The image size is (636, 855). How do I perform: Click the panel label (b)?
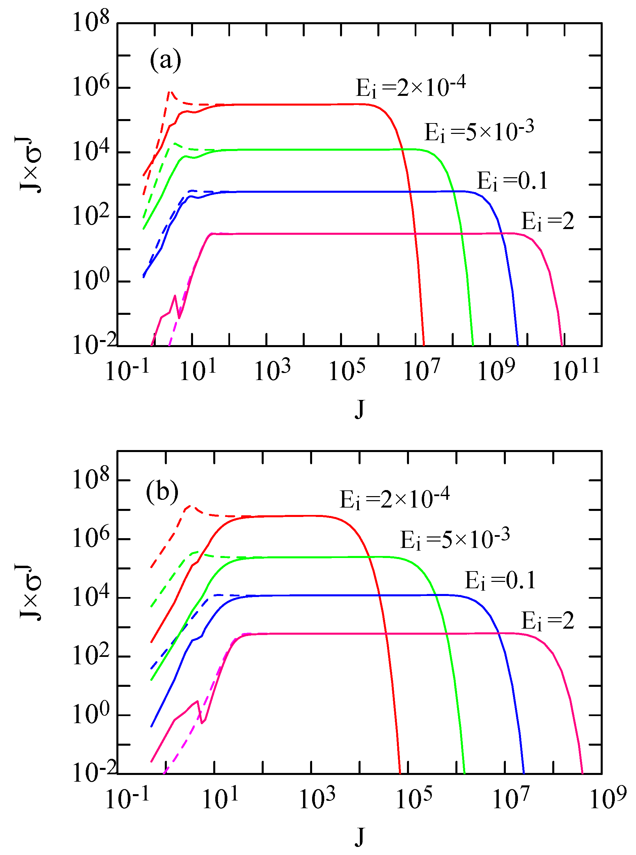point(162,492)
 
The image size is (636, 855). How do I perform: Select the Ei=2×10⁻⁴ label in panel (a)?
point(410,87)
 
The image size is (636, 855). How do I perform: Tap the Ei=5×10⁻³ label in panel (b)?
point(455,538)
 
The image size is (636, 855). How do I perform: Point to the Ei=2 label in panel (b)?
point(547,621)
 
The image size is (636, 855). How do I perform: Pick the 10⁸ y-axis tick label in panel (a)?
point(91,22)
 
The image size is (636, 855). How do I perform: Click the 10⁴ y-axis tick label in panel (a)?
point(91,152)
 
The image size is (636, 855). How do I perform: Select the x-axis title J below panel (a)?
point(359,409)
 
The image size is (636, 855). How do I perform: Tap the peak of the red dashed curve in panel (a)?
point(170,91)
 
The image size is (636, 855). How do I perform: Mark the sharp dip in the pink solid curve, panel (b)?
point(202,722)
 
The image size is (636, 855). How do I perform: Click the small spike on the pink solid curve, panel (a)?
point(175,296)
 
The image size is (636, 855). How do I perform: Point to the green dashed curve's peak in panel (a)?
point(175,143)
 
